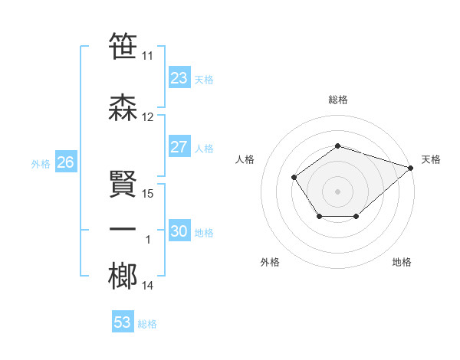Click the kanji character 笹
123,46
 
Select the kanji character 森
123,107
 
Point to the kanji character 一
123,230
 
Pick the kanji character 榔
123,276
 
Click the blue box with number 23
179,77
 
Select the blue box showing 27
179,147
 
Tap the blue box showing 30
179,231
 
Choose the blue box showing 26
65,162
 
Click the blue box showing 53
122,322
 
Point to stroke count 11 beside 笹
148,56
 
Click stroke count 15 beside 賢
148,194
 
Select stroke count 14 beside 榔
148,286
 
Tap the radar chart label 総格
338,100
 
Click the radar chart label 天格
431,159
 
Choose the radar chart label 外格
270,262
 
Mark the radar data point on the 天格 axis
411,168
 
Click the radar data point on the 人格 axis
294,178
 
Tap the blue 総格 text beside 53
147,324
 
